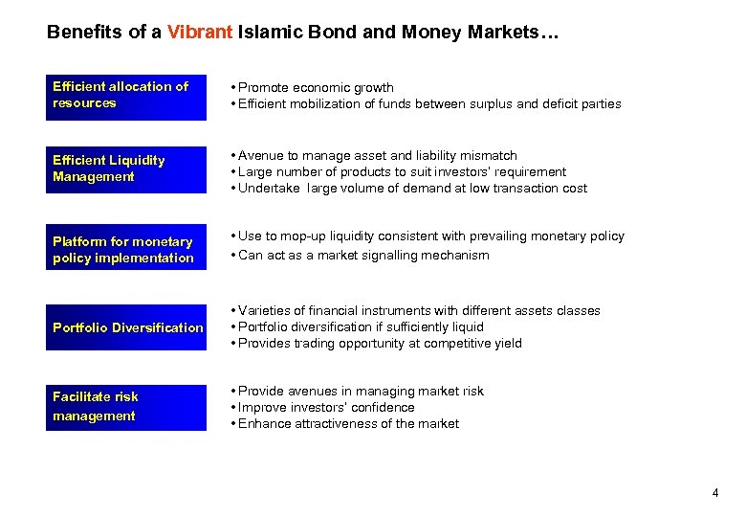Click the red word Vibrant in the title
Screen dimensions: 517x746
[x=199, y=33]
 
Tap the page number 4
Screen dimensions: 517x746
[x=714, y=493]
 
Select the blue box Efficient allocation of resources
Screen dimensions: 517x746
[x=125, y=96]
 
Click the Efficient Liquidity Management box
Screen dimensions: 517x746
[x=125, y=169]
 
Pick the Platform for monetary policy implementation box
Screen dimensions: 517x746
[x=125, y=250]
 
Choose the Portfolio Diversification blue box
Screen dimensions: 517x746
[x=125, y=327]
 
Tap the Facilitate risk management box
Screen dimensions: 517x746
[x=125, y=407]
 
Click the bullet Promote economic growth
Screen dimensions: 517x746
[x=316, y=87]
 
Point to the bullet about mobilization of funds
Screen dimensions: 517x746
[x=429, y=103]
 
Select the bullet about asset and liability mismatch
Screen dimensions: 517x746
[x=377, y=155]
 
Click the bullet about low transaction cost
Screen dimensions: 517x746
[x=412, y=188]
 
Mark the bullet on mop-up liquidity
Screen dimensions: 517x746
[x=430, y=236]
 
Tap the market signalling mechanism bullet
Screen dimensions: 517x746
[x=363, y=255]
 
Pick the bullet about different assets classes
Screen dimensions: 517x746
[x=419, y=310]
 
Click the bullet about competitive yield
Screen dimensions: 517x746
[x=380, y=343]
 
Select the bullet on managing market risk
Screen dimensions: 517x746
[x=361, y=391]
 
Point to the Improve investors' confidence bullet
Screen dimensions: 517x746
[x=326, y=407]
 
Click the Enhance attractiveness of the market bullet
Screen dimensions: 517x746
[x=348, y=423]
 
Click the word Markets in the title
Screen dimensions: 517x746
[x=505, y=33]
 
